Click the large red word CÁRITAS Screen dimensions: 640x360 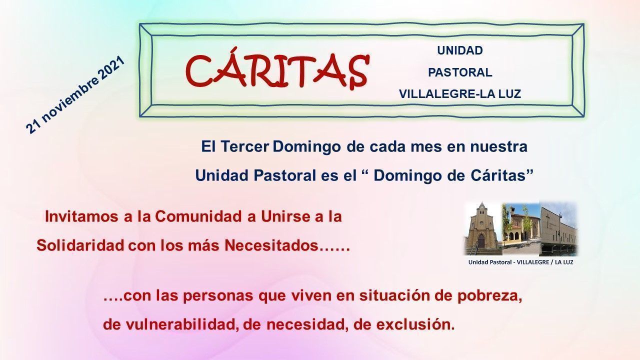point(277,69)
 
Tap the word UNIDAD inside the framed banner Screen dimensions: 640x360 point(460,50)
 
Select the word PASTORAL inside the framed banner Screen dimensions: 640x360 point(460,72)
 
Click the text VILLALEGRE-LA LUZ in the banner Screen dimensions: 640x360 point(460,94)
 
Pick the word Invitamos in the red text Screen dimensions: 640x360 point(81,216)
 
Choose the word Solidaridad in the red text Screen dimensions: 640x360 point(80,245)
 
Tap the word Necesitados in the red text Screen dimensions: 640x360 point(271,245)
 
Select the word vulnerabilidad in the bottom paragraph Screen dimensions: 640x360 point(182,325)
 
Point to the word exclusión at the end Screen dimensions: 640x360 point(415,325)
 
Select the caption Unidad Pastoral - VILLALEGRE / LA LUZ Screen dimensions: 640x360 point(520,262)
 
